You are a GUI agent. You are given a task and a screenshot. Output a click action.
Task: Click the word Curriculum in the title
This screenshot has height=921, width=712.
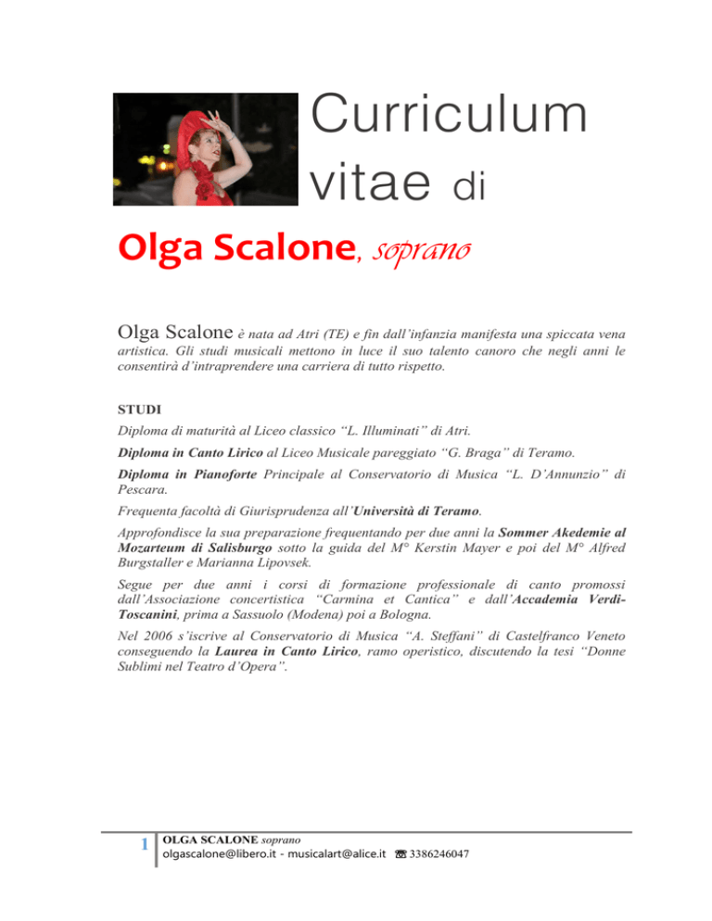tap(449, 120)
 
